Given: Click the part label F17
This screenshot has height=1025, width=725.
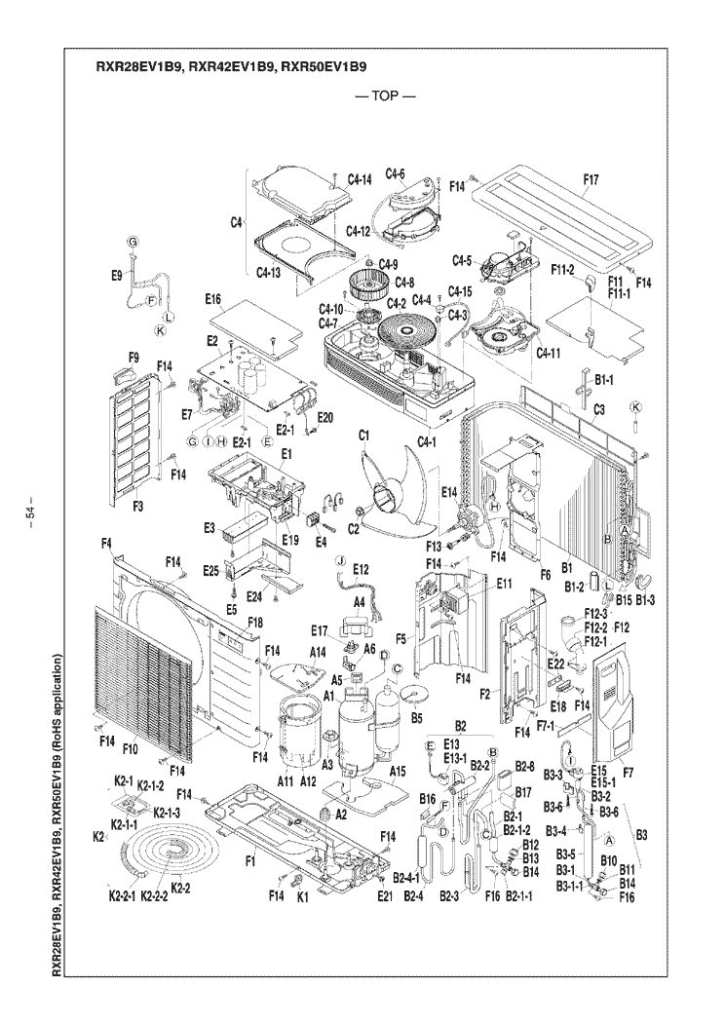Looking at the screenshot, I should coord(591,179).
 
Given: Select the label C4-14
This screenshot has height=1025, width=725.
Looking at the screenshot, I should coord(360,180).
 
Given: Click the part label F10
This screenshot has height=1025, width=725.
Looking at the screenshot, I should coord(130,747).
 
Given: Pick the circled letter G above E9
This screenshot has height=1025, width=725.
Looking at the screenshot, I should coord(133,242).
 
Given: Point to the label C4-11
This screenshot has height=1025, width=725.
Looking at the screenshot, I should coord(553,353).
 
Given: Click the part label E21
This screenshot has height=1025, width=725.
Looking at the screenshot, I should coord(383,895).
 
